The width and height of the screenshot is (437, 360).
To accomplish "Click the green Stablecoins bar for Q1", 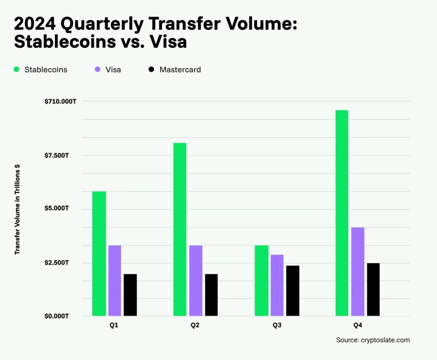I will click(99, 254).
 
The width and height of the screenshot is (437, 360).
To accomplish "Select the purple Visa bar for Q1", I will click(115, 280).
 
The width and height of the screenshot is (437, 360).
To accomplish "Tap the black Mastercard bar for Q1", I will click(130, 295).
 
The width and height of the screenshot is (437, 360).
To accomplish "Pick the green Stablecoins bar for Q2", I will click(180, 229).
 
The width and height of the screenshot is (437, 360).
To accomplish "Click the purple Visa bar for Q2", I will click(195, 280).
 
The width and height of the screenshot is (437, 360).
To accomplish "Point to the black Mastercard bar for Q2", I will click(211, 295).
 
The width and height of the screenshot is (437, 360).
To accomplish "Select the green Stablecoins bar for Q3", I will click(261, 280).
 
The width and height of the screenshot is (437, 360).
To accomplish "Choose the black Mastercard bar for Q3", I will click(292, 290).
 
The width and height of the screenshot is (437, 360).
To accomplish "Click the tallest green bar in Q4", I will click(342, 213).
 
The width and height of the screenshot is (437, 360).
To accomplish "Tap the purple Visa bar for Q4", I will click(358, 272).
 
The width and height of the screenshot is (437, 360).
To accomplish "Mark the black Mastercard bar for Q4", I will click(373, 289).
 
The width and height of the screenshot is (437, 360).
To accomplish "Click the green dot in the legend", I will click(17, 70).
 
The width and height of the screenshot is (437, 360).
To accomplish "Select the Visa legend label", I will click(113, 70).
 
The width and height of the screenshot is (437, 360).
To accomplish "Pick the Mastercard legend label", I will click(180, 70).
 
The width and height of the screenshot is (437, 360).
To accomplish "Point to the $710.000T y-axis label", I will click(60, 101).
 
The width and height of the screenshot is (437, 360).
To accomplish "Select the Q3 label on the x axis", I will click(277, 326).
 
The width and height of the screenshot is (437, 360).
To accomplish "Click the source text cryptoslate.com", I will click(373, 340).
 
